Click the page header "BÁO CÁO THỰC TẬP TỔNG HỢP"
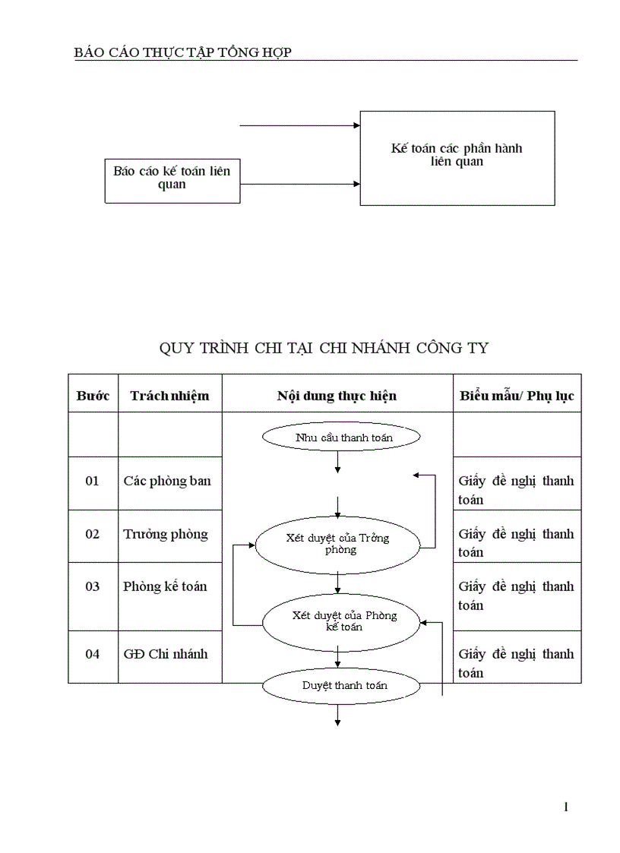click(183, 52)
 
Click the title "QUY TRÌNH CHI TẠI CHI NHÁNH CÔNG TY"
click(324, 349)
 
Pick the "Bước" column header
click(93, 396)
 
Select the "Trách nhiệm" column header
click(169, 396)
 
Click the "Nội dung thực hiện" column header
click(337, 396)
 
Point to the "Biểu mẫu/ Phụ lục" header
click(517, 396)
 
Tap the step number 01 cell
click(92, 481)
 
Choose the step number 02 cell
click(92, 534)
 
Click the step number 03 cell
click(92, 586)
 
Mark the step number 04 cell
click(92, 654)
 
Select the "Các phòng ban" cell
click(167, 481)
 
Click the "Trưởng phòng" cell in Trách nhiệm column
click(166, 534)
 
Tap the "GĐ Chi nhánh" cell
click(166, 654)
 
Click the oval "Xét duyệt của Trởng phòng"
click(337, 543)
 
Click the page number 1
click(566, 807)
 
